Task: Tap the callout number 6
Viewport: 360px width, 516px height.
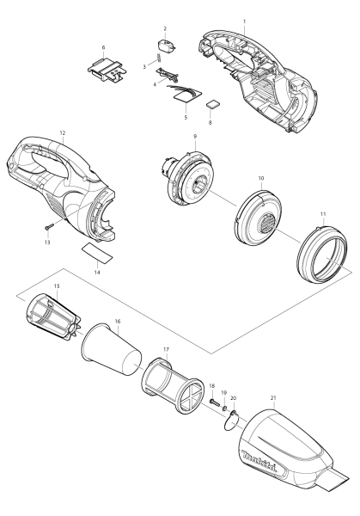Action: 104,47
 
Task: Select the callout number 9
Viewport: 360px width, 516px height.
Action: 196,136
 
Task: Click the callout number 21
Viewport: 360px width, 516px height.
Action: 273,398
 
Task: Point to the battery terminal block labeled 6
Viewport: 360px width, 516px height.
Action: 104,67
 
